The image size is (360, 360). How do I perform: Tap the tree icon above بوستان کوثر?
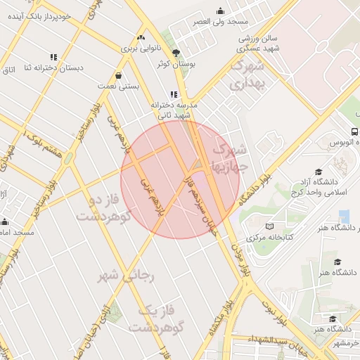coord(176,52)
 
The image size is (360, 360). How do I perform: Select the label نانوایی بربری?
coord(140,49)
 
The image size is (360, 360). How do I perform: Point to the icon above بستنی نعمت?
coord(118,75)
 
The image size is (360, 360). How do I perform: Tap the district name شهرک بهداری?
coord(245,75)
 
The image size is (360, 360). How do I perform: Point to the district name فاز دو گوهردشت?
coord(104,209)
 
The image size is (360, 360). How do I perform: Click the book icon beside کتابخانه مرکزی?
coord(269,227)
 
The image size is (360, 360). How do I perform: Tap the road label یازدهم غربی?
coord(153,199)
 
